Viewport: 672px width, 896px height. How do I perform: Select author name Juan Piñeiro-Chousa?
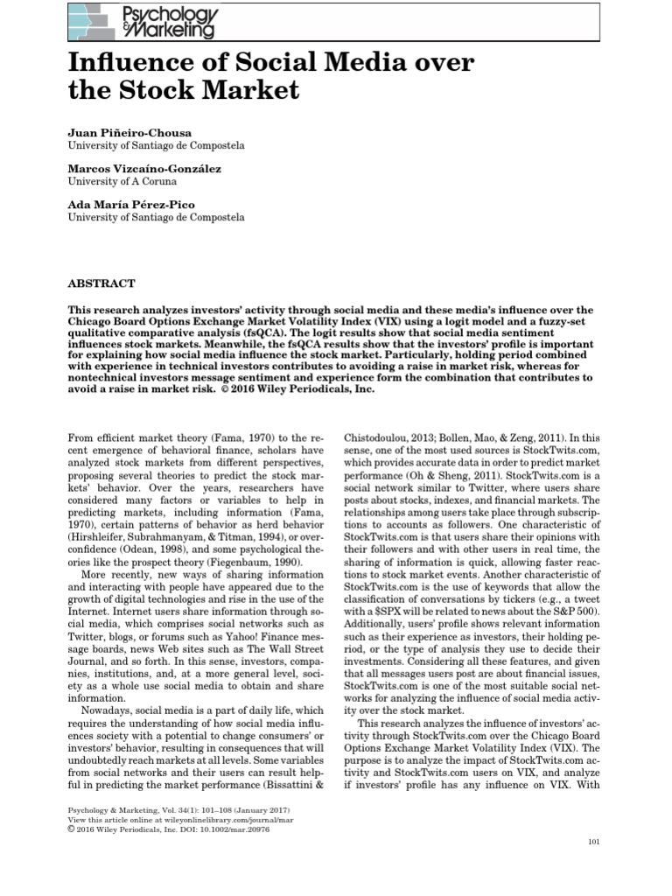[129, 131]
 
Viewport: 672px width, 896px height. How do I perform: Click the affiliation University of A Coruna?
[122, 181]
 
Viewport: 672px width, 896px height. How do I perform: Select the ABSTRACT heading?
[101, 283]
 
